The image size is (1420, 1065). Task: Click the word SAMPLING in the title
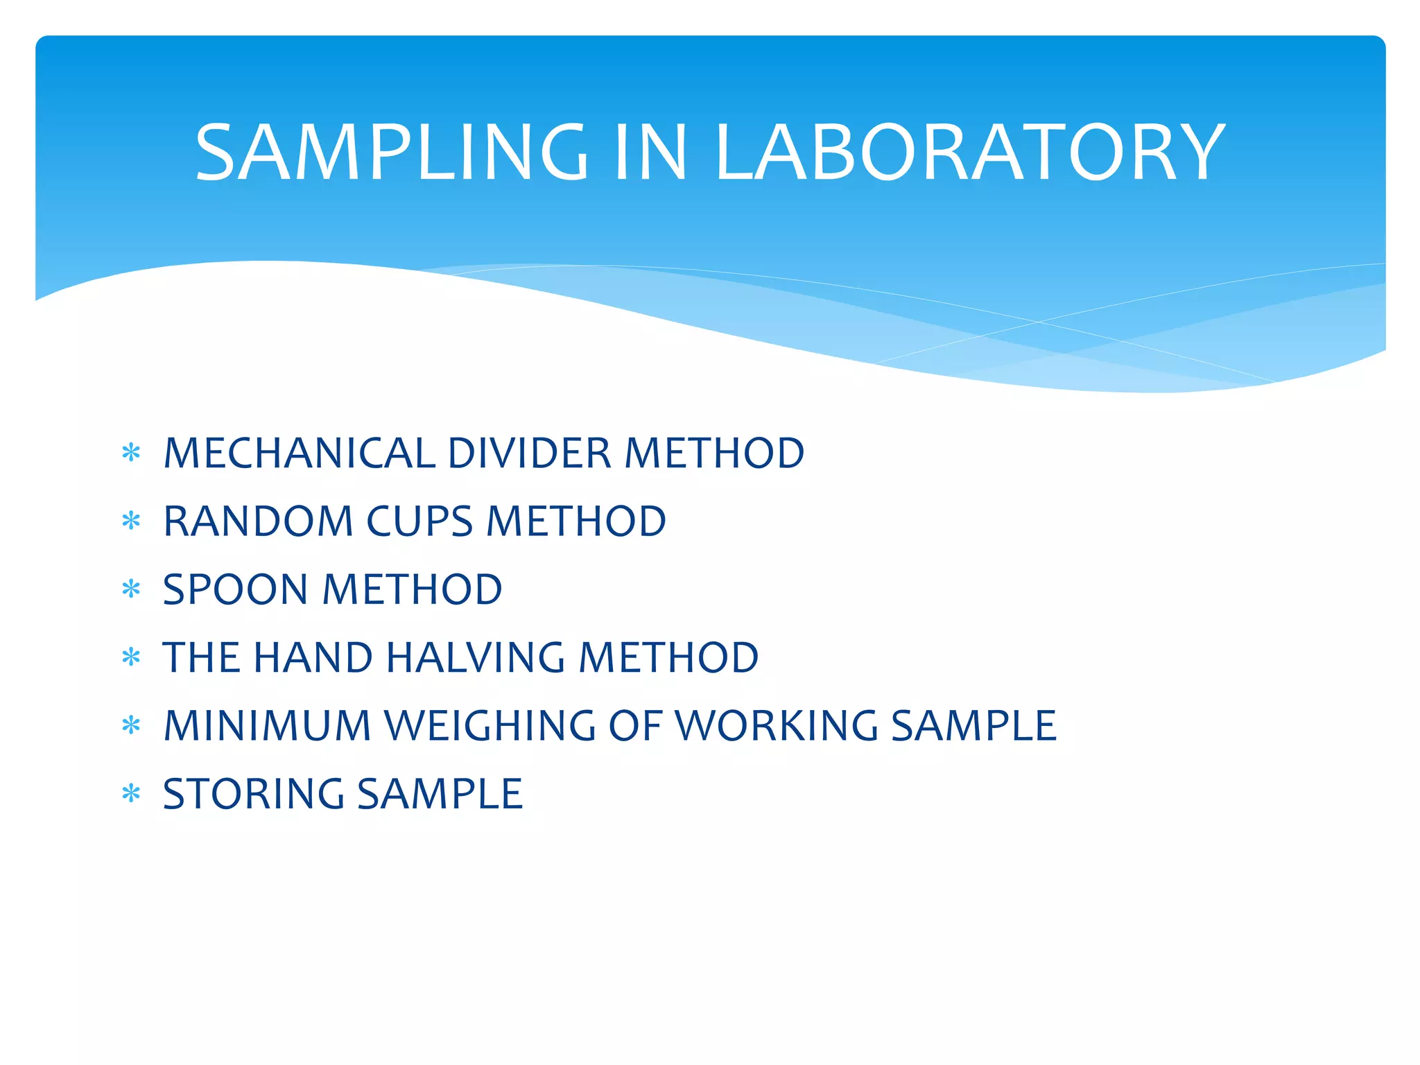point(391,152)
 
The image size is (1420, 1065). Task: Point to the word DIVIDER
point(530,453)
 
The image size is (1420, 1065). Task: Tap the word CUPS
point(419,521)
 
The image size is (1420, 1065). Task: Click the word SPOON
point(235,589)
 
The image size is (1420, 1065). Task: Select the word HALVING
point(476,657)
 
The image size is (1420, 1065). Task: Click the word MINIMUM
point(268,726)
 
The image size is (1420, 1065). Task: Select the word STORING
point(253,794)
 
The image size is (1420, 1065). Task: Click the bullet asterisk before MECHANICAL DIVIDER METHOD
point(131,453)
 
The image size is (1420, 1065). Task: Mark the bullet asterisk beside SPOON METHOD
point(131,589)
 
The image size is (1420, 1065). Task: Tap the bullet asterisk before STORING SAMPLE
point(131,793)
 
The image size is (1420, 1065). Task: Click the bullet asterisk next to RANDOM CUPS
point(131,521)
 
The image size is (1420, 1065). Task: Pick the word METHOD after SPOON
point(413,589)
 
